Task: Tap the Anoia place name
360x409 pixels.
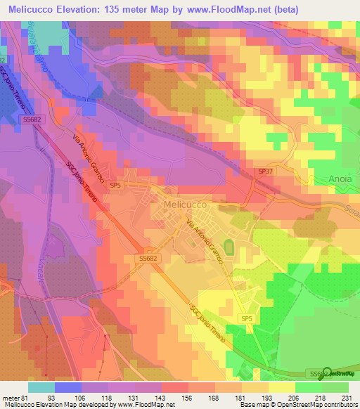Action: click(340, 179)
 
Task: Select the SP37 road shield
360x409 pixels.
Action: click(264, 171)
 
